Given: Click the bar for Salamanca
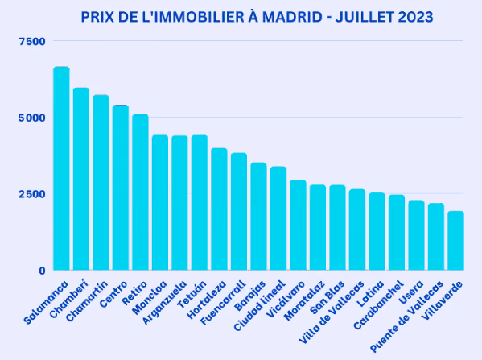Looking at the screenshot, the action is click(x=61, y=168).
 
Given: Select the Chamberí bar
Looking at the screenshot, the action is click(x=81, y=179).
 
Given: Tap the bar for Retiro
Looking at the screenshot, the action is click(x=140, y=192).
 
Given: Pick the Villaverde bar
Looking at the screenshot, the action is click(x=455, y=241).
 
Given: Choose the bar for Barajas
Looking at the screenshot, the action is click(x=258, y=217).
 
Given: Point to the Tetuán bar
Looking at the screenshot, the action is click(x=200, y=202).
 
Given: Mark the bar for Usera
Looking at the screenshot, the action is click(x=416, y=235).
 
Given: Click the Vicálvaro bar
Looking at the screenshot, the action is click(x=298, y=225).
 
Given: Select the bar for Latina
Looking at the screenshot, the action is click(x=377, y=231).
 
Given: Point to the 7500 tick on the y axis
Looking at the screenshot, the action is click(x=32, y=41).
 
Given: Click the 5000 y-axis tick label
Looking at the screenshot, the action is click(x=32, y=118).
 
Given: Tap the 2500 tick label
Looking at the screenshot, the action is click(x=32, y=194).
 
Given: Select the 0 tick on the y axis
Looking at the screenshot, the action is click(x=42, y=271).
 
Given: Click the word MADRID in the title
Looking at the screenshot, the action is click(x=292, y=17).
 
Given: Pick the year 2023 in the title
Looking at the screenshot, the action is click(x=415, y=17).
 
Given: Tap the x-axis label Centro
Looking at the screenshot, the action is click(x=113, y=294).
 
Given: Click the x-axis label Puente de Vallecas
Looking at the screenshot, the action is click(x=406, y=317).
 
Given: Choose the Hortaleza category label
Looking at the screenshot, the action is click(x=207, y=300).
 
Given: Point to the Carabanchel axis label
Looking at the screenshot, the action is click(x=378, y=305).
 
